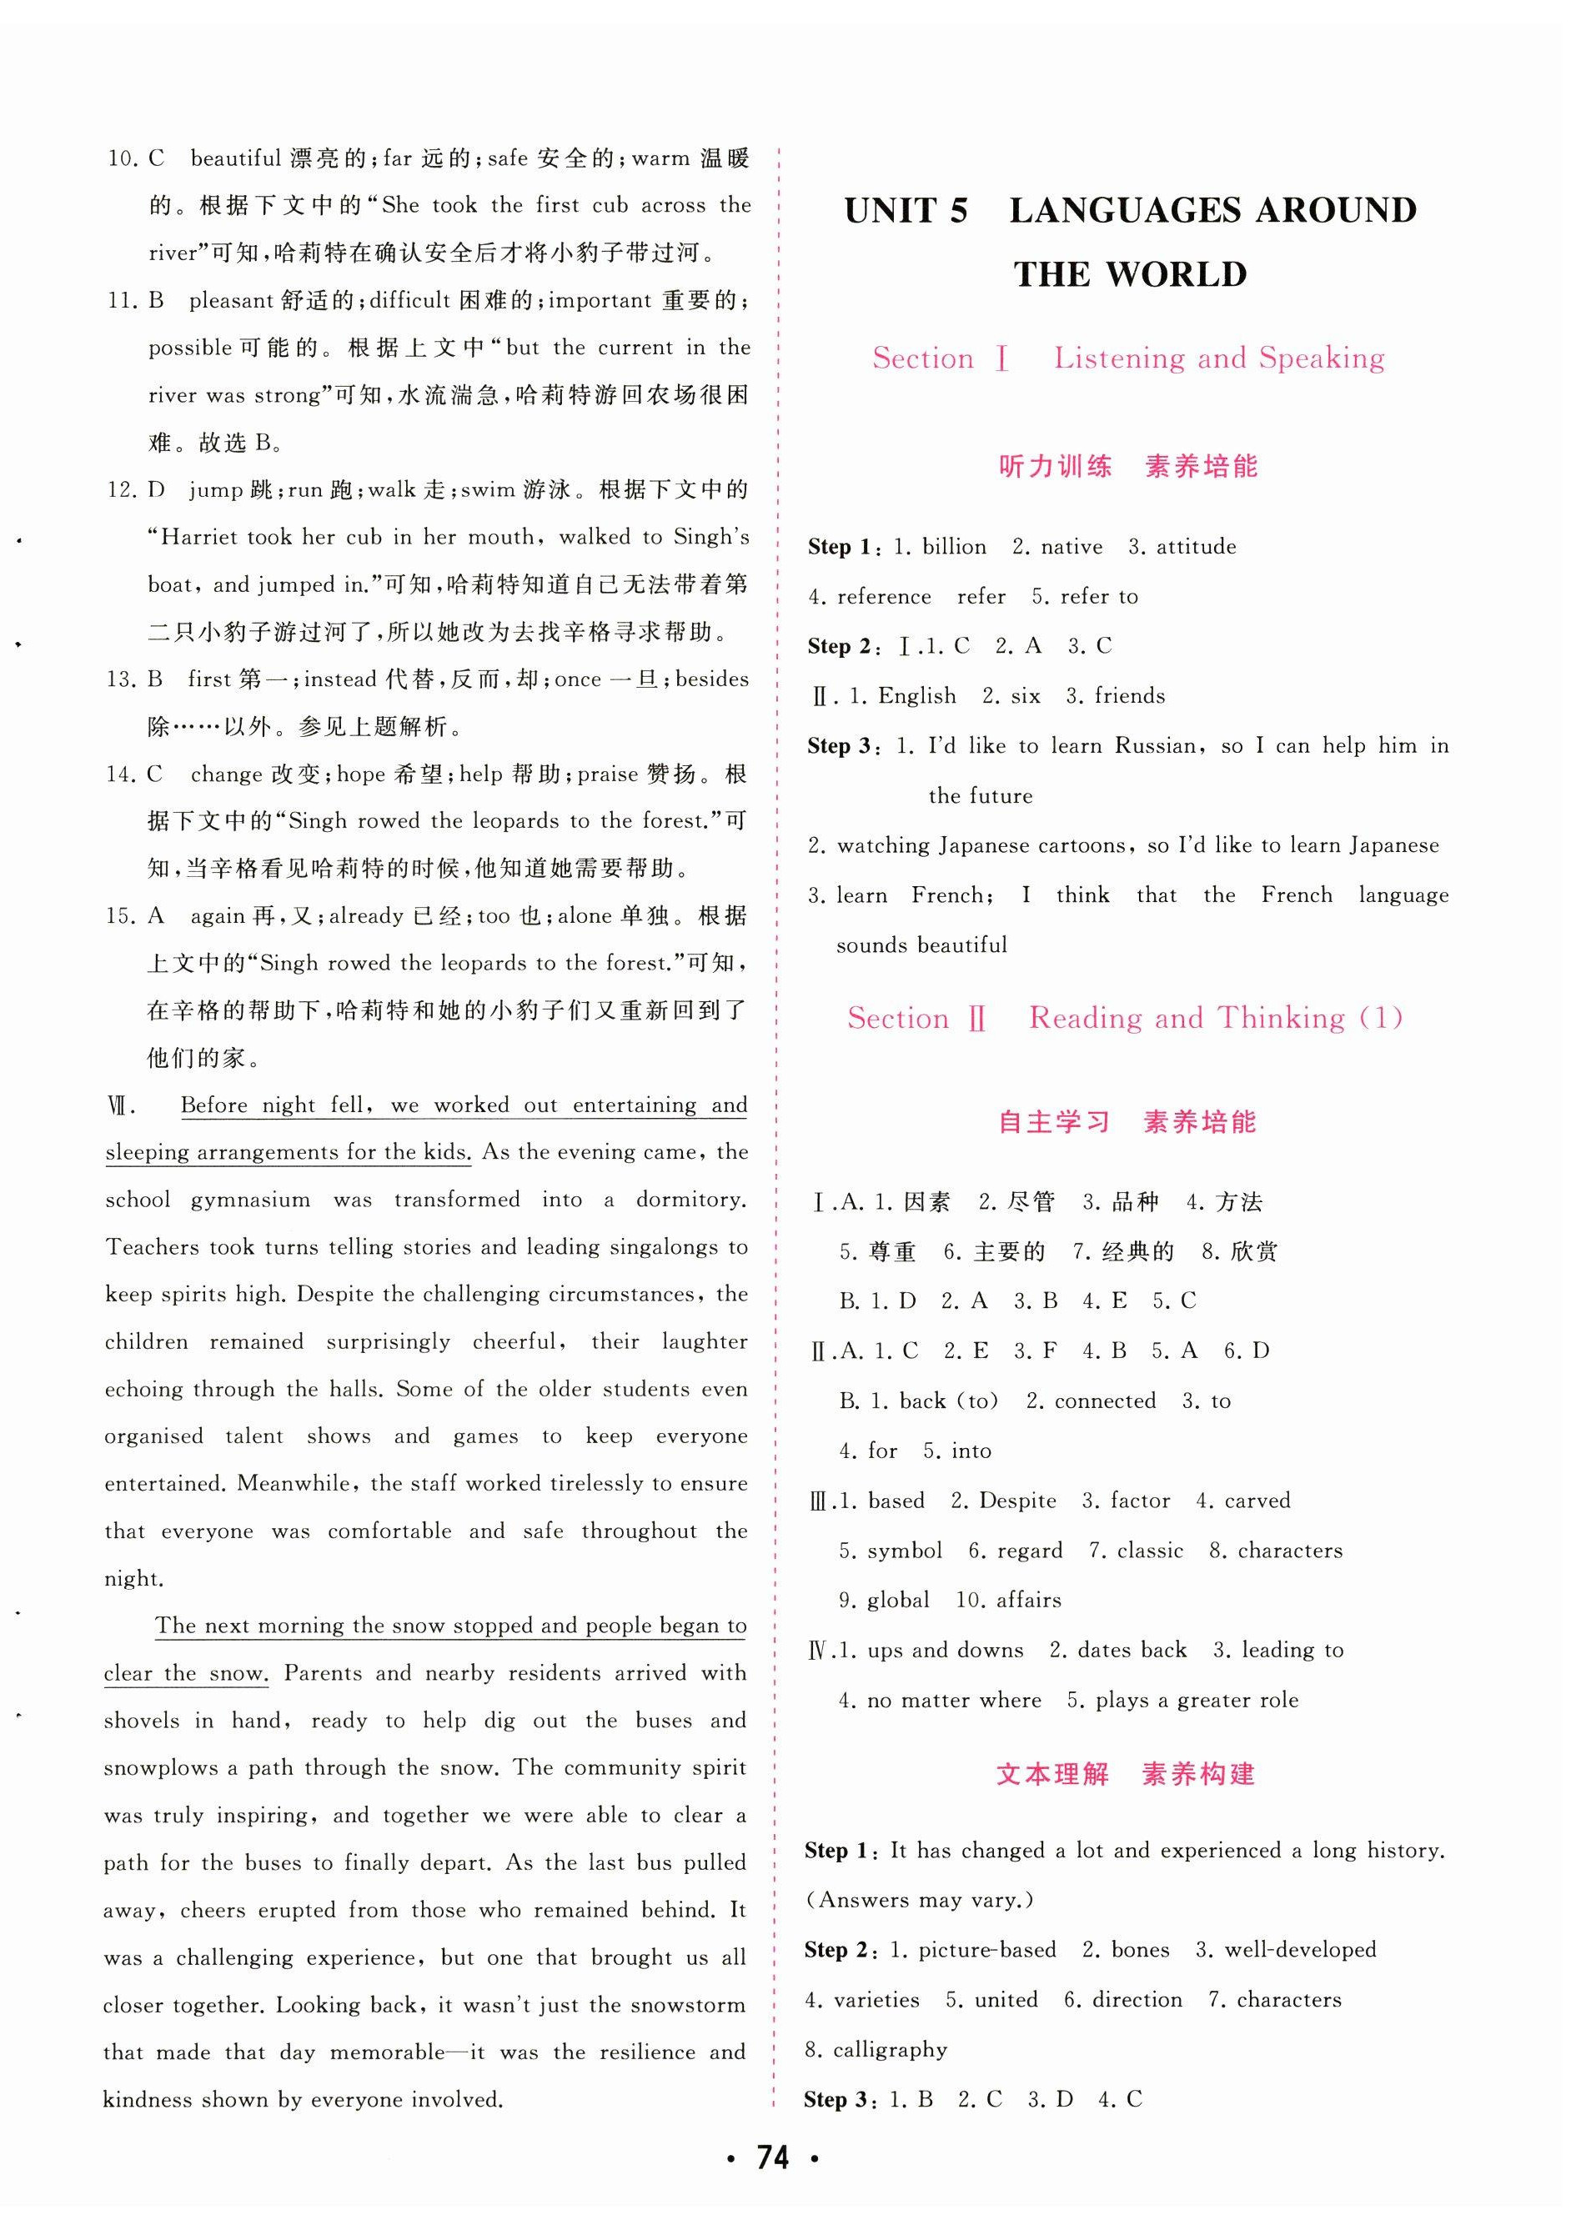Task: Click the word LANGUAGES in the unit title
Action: click(x=1123, y=211)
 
